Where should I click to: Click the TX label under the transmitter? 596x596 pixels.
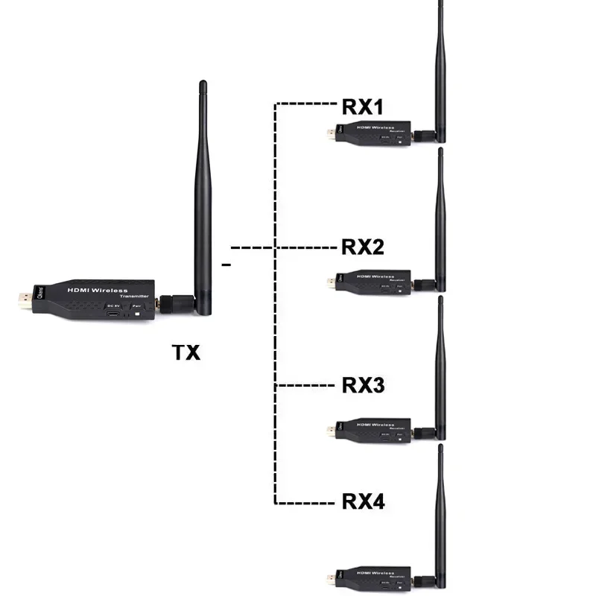click(187, 352)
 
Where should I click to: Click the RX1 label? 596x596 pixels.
click(363, 106)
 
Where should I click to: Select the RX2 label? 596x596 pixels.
click(363, 247)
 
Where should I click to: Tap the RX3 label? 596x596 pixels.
click(363, 385)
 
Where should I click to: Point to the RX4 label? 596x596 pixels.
click(363, 501)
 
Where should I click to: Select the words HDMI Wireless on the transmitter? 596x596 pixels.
click(98, 291)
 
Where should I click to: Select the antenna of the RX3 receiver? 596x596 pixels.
click(440, 372)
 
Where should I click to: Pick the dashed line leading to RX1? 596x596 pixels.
click(305, 103)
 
